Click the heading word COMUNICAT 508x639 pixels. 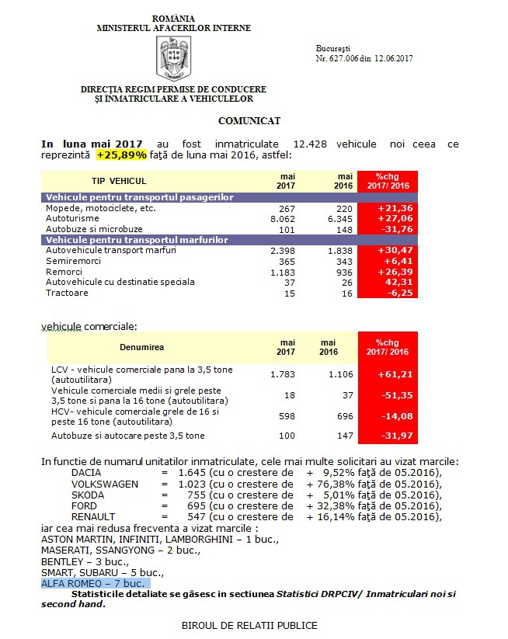tap(249, 121)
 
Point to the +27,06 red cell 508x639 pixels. tap(386, 220)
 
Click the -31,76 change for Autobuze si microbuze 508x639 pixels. tap(386, 231)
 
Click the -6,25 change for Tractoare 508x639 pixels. tap(387, 293)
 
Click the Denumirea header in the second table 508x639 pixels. tap(142, 346)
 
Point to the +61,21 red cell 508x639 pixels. tap(387, 374)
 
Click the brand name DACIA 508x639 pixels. tap(86, 472)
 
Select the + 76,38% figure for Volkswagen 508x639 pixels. tap(341, 483)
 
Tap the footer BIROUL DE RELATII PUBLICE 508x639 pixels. tap(249, 625)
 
